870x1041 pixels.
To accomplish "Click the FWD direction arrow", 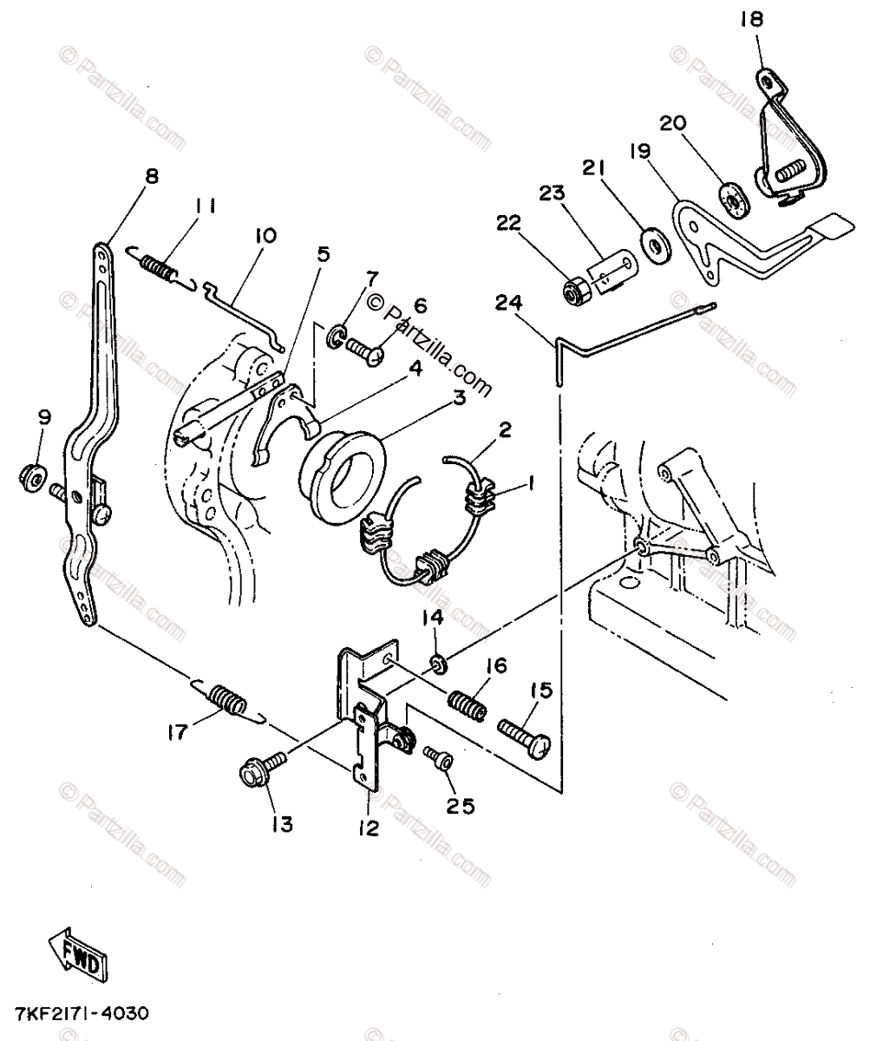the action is click(79, 955).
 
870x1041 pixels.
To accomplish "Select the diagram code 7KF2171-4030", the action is click(82, 1014).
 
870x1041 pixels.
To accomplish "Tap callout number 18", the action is click(752, 19).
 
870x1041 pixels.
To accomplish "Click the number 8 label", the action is click(152, 176).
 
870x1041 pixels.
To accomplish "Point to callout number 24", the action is click(508, 303).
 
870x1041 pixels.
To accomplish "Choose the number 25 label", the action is click(461, 806).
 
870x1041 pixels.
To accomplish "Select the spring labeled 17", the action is click(229, 703).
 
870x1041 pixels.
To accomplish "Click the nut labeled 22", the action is click(578, 292).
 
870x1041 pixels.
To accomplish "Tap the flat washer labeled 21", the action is click(656, 245).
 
